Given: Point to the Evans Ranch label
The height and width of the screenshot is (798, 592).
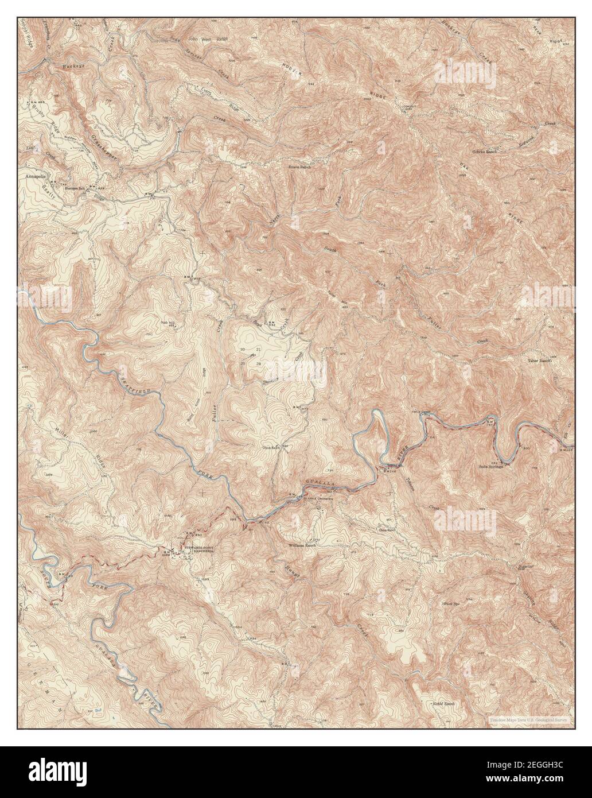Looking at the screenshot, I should click(x=299, y=167).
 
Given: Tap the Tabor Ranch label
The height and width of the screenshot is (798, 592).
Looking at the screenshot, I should click(x=539, y=361).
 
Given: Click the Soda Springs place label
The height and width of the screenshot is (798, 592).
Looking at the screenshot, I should click(x=490, y=466).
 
